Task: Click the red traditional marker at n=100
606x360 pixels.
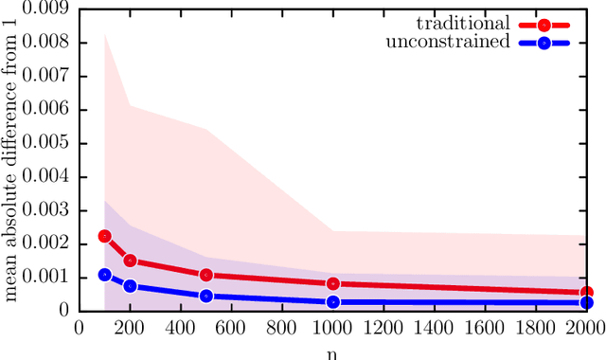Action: click(x=105, y=236)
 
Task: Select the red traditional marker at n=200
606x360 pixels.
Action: click(x=131, y=261)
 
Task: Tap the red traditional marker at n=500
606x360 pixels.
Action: click(x=206, y=276)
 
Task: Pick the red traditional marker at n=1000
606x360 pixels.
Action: click(x=333, y=283)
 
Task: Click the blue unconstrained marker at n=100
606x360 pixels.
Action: click(x=105, y=275)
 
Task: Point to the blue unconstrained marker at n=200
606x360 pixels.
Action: click(x=131, y=286)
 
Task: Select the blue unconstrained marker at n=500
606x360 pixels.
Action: click(x=206, y=296)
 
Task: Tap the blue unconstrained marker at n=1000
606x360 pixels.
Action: click(x=333, y=302)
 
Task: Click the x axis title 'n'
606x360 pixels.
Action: click(x=333, y=351)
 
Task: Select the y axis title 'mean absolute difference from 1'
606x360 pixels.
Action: click(x=12, y=159)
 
